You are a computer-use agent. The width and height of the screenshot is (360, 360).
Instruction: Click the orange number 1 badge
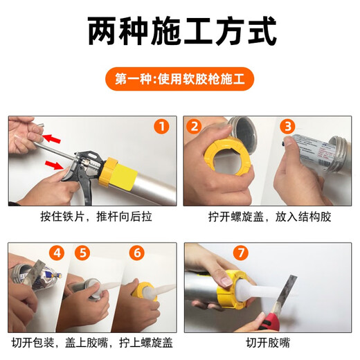(161, 127)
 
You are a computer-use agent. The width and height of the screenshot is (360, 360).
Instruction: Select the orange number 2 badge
(195, 126)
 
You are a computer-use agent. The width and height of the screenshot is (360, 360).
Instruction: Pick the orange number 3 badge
(287, 126)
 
